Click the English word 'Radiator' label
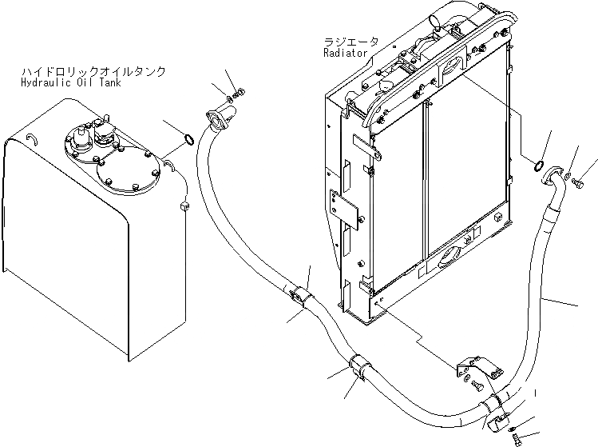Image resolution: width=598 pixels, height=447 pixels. (345, 54)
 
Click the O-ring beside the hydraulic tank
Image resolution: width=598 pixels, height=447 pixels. (188, 142)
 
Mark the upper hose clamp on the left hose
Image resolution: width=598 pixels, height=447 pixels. (300, 296)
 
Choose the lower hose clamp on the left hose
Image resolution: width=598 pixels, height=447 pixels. (359, 370)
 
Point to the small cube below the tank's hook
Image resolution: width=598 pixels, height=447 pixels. (184, 207)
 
